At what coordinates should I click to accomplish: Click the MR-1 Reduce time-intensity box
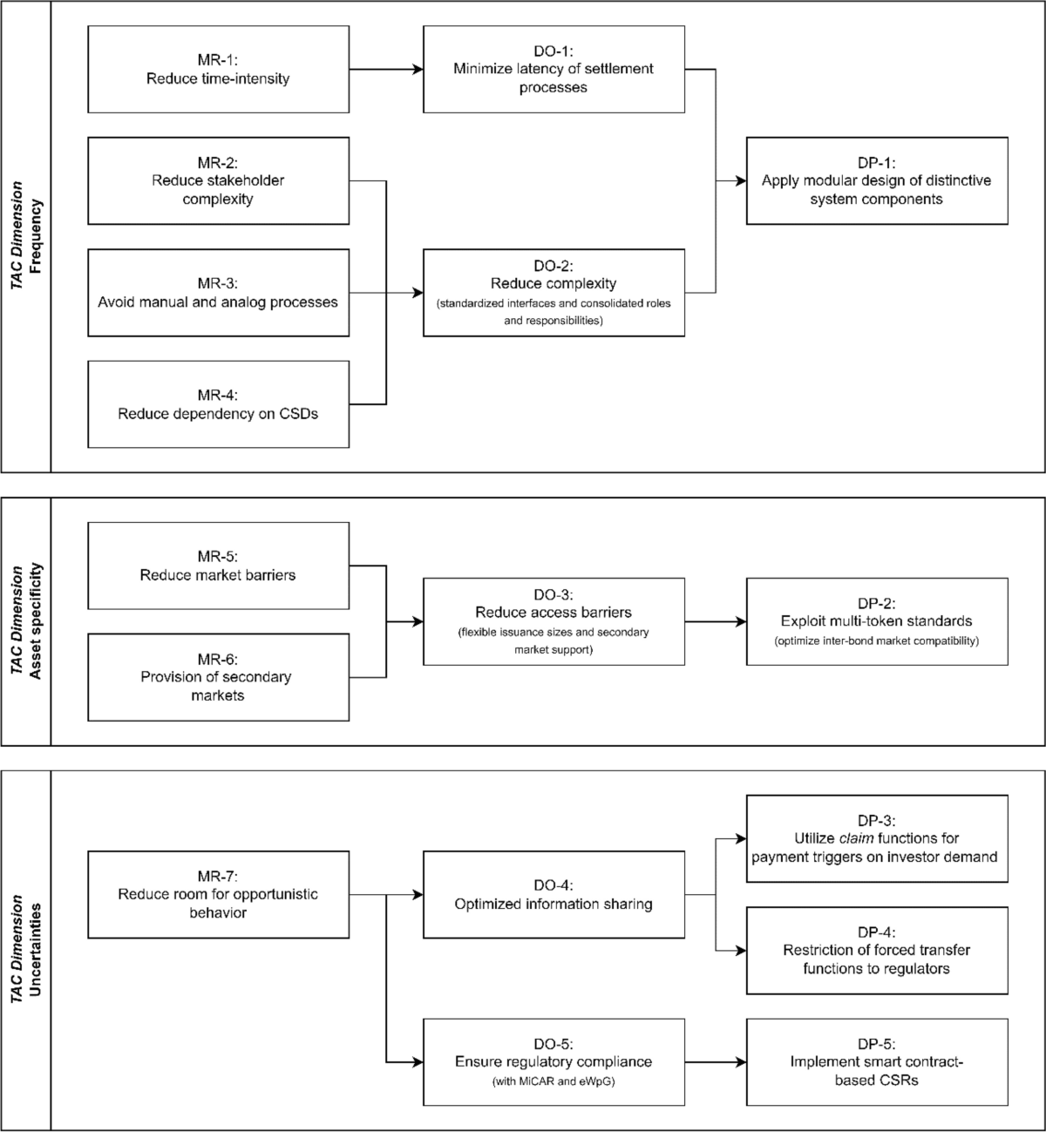click(x=218, y=69)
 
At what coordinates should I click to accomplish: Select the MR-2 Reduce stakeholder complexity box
click(x=218, y=180)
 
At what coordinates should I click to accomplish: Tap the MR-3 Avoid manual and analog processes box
click(x=218, y=293)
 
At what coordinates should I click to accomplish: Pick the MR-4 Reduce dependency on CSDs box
click(x=218, y=404)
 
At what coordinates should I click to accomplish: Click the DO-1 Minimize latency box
click(x=554, y=69)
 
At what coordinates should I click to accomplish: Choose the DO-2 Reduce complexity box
click(x=554, y=293)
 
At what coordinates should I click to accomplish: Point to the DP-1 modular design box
click(x=877, y=180)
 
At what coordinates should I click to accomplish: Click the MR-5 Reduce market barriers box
click(x=218, y=566)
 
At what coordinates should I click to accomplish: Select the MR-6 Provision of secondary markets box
click(x=218, y=677)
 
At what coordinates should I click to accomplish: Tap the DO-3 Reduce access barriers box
click(x=554, y=621)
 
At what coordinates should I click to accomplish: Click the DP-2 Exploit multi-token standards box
click(x=877, y=621)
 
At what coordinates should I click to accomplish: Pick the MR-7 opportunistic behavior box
click(x=218, y=894)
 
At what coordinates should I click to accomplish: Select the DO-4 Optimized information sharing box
click(x=554, y=894)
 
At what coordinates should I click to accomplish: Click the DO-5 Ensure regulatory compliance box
click(x=554, y=1061)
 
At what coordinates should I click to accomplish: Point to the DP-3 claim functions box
click(x=877, y=838)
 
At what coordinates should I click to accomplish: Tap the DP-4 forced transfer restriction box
click(x=877, y=950)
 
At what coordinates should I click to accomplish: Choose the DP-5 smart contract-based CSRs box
click(x=877, y=1061)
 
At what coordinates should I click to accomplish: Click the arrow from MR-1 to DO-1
click(x=386, y=69)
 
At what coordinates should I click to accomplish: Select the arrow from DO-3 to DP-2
click(x=715, y=621)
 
